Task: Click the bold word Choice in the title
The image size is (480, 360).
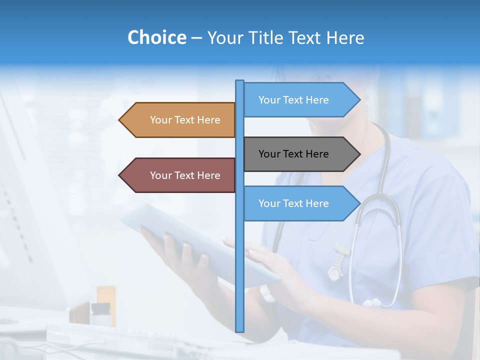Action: pos(156,37)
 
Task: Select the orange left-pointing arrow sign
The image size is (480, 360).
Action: pos(180,120)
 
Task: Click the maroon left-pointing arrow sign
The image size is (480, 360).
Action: pos(180,175)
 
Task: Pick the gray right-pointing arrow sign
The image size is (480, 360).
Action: pos(300,154)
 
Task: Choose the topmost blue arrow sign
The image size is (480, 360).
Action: pos(300,100)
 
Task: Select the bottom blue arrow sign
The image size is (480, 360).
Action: pos(300,203)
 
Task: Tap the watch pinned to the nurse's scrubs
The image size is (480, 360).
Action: pos(335,272)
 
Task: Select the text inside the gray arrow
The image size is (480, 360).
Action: pos(293,154)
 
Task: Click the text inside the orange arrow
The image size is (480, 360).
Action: pos(185,120)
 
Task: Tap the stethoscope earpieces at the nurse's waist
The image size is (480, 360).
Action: pos(372,302)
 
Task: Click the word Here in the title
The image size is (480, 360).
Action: pos(345,37)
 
